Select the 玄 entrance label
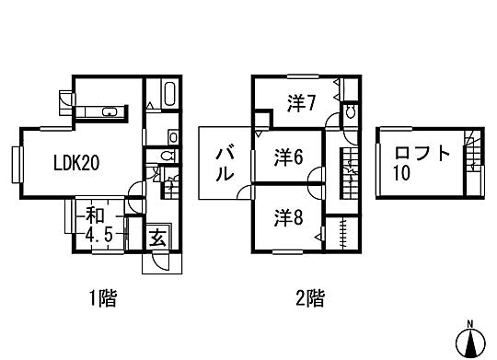pos(156,238)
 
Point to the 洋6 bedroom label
pos(288,158)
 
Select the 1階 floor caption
pos(102,297)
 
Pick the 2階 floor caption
pos(309,297)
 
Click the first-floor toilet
pos(166,157)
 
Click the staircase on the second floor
pos(351,169)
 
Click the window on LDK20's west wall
pos(16,162)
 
